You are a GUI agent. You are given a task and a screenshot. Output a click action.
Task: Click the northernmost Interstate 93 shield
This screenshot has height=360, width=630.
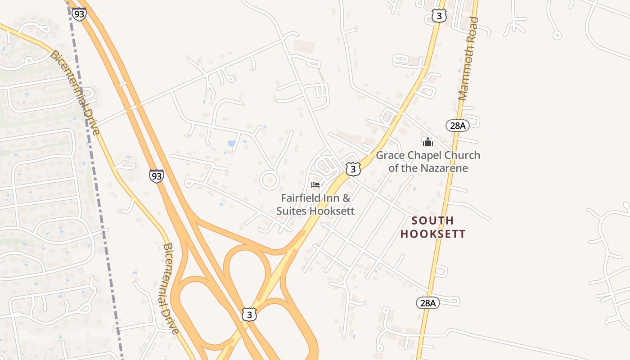click(79, 13)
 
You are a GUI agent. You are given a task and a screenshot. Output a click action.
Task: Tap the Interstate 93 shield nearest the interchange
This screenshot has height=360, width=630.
click(157, 175)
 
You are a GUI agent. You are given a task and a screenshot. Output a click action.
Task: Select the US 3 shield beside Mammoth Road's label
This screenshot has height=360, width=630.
click(439, 16)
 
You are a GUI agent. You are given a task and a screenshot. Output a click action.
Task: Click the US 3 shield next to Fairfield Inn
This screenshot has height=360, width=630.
click(353, 169)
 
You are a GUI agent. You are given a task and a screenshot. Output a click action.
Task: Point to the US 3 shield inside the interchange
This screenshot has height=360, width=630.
click(249, 314)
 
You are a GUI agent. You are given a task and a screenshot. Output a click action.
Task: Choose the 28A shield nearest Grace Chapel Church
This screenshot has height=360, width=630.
click(457, 126)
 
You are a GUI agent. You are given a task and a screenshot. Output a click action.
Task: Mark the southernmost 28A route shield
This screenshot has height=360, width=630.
click(427, 303)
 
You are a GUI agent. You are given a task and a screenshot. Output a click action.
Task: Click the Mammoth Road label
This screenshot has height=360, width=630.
click(468, 58)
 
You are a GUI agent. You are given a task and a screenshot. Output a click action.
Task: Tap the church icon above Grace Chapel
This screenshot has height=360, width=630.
click(427, 142)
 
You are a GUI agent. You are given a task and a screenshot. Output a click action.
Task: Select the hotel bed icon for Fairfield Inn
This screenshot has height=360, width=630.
click(315, 185)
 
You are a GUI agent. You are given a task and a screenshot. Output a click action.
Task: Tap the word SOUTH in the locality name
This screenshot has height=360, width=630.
click(432, 220)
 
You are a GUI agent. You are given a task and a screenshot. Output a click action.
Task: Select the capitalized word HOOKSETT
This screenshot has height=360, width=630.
click(432, 234)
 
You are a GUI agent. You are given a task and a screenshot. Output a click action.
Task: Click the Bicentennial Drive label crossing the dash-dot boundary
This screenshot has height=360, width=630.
click(75, 92)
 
